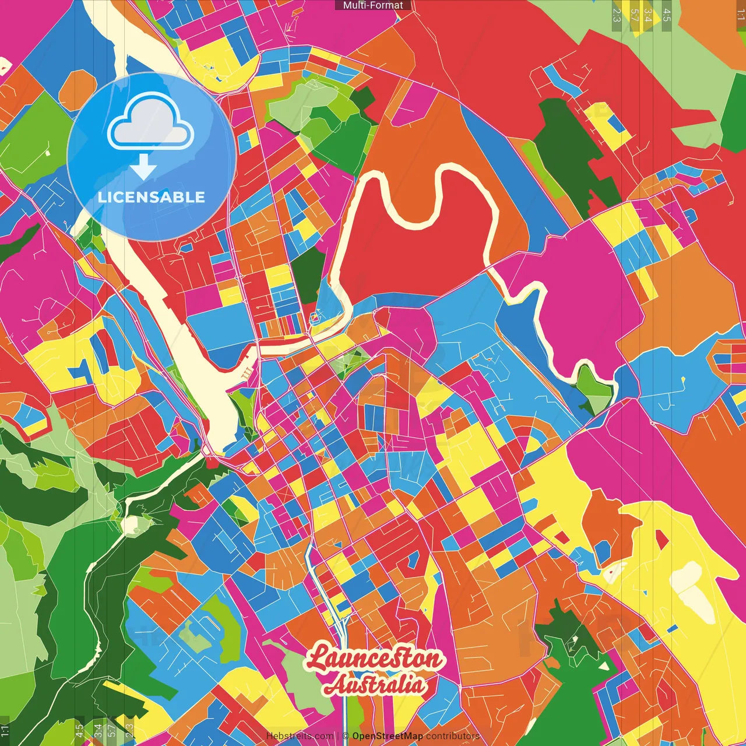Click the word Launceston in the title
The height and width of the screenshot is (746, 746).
[373, 659]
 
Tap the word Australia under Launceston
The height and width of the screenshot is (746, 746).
[375, 684]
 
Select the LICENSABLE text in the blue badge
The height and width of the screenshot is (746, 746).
[152, 197]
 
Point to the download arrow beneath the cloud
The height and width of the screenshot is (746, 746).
[143, 169]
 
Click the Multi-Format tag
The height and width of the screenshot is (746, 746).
[373, 5]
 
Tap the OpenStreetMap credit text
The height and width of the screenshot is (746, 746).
[387, 736]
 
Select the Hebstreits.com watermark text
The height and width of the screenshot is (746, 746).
[300, 736]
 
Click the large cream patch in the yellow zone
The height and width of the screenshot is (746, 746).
[696, 589]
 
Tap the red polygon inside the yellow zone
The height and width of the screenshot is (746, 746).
[662, 540]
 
